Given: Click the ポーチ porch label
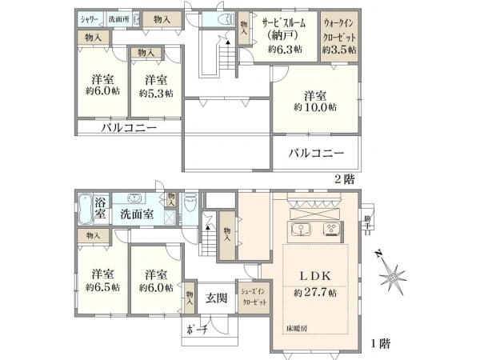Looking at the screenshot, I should coord(197,330).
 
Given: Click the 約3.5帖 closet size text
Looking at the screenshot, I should coord(340,49).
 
